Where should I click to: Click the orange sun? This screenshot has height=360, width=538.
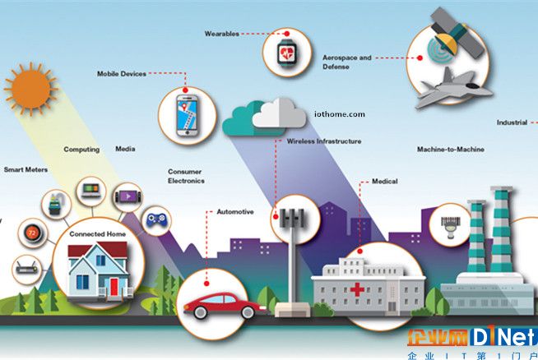coord(31,89)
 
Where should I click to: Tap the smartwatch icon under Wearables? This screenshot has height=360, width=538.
coord(287,53)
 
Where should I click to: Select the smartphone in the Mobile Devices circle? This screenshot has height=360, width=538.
coord(187,116)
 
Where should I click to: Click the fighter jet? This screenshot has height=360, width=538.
coord(452,89)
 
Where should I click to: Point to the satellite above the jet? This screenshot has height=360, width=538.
coord(453,33)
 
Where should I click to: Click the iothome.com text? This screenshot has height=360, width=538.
coord(340,114)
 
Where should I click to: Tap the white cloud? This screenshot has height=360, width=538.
coord(280,113)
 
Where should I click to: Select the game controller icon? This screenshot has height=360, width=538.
coord(156,220)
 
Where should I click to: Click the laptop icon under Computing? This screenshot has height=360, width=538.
coord(91,191)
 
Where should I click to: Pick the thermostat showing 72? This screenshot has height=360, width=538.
coord(33,233)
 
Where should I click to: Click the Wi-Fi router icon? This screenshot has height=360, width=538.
coord(27,269)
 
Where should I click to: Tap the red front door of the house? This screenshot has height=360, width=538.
coord(114,287)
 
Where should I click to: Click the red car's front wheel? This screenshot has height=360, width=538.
coord(247,312)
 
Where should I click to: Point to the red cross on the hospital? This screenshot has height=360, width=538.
coord(357,289)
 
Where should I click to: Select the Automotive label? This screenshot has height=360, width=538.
coord(235,212)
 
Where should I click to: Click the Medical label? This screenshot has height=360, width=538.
coord(385,181)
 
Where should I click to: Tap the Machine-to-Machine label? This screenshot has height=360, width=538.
coord(451,149)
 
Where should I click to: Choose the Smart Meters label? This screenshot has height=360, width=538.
coord(26,169)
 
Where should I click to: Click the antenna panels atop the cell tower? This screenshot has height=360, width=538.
coord(292,218)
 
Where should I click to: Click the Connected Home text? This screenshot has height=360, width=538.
coord(97,233)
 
